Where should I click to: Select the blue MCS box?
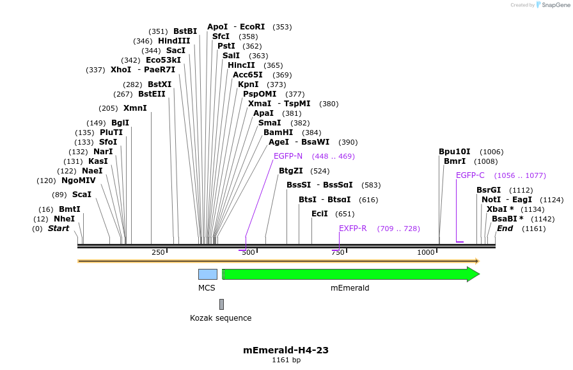point(207,274)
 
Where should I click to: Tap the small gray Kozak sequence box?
point(221,304)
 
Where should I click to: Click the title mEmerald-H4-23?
point(286,350)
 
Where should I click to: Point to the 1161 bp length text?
point(286,360)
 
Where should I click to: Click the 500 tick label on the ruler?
point(248,253)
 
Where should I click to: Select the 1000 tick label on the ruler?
point(426,253)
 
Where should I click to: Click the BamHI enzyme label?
point(278,133)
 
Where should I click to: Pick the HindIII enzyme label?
point(174,41)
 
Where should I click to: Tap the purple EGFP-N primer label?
point(288,156)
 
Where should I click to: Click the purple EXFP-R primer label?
point(353,229)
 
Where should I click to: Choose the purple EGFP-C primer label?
point(470,175)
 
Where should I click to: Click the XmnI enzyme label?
point(135,108)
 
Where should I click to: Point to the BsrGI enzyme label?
point(489,190)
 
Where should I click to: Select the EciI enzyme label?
point(319,214)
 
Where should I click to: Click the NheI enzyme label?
point(64,219)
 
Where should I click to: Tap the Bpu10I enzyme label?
point(454,152)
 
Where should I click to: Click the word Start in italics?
point(58,229)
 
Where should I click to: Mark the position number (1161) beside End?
point(534,229)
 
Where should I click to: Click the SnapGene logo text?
point(553,5)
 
